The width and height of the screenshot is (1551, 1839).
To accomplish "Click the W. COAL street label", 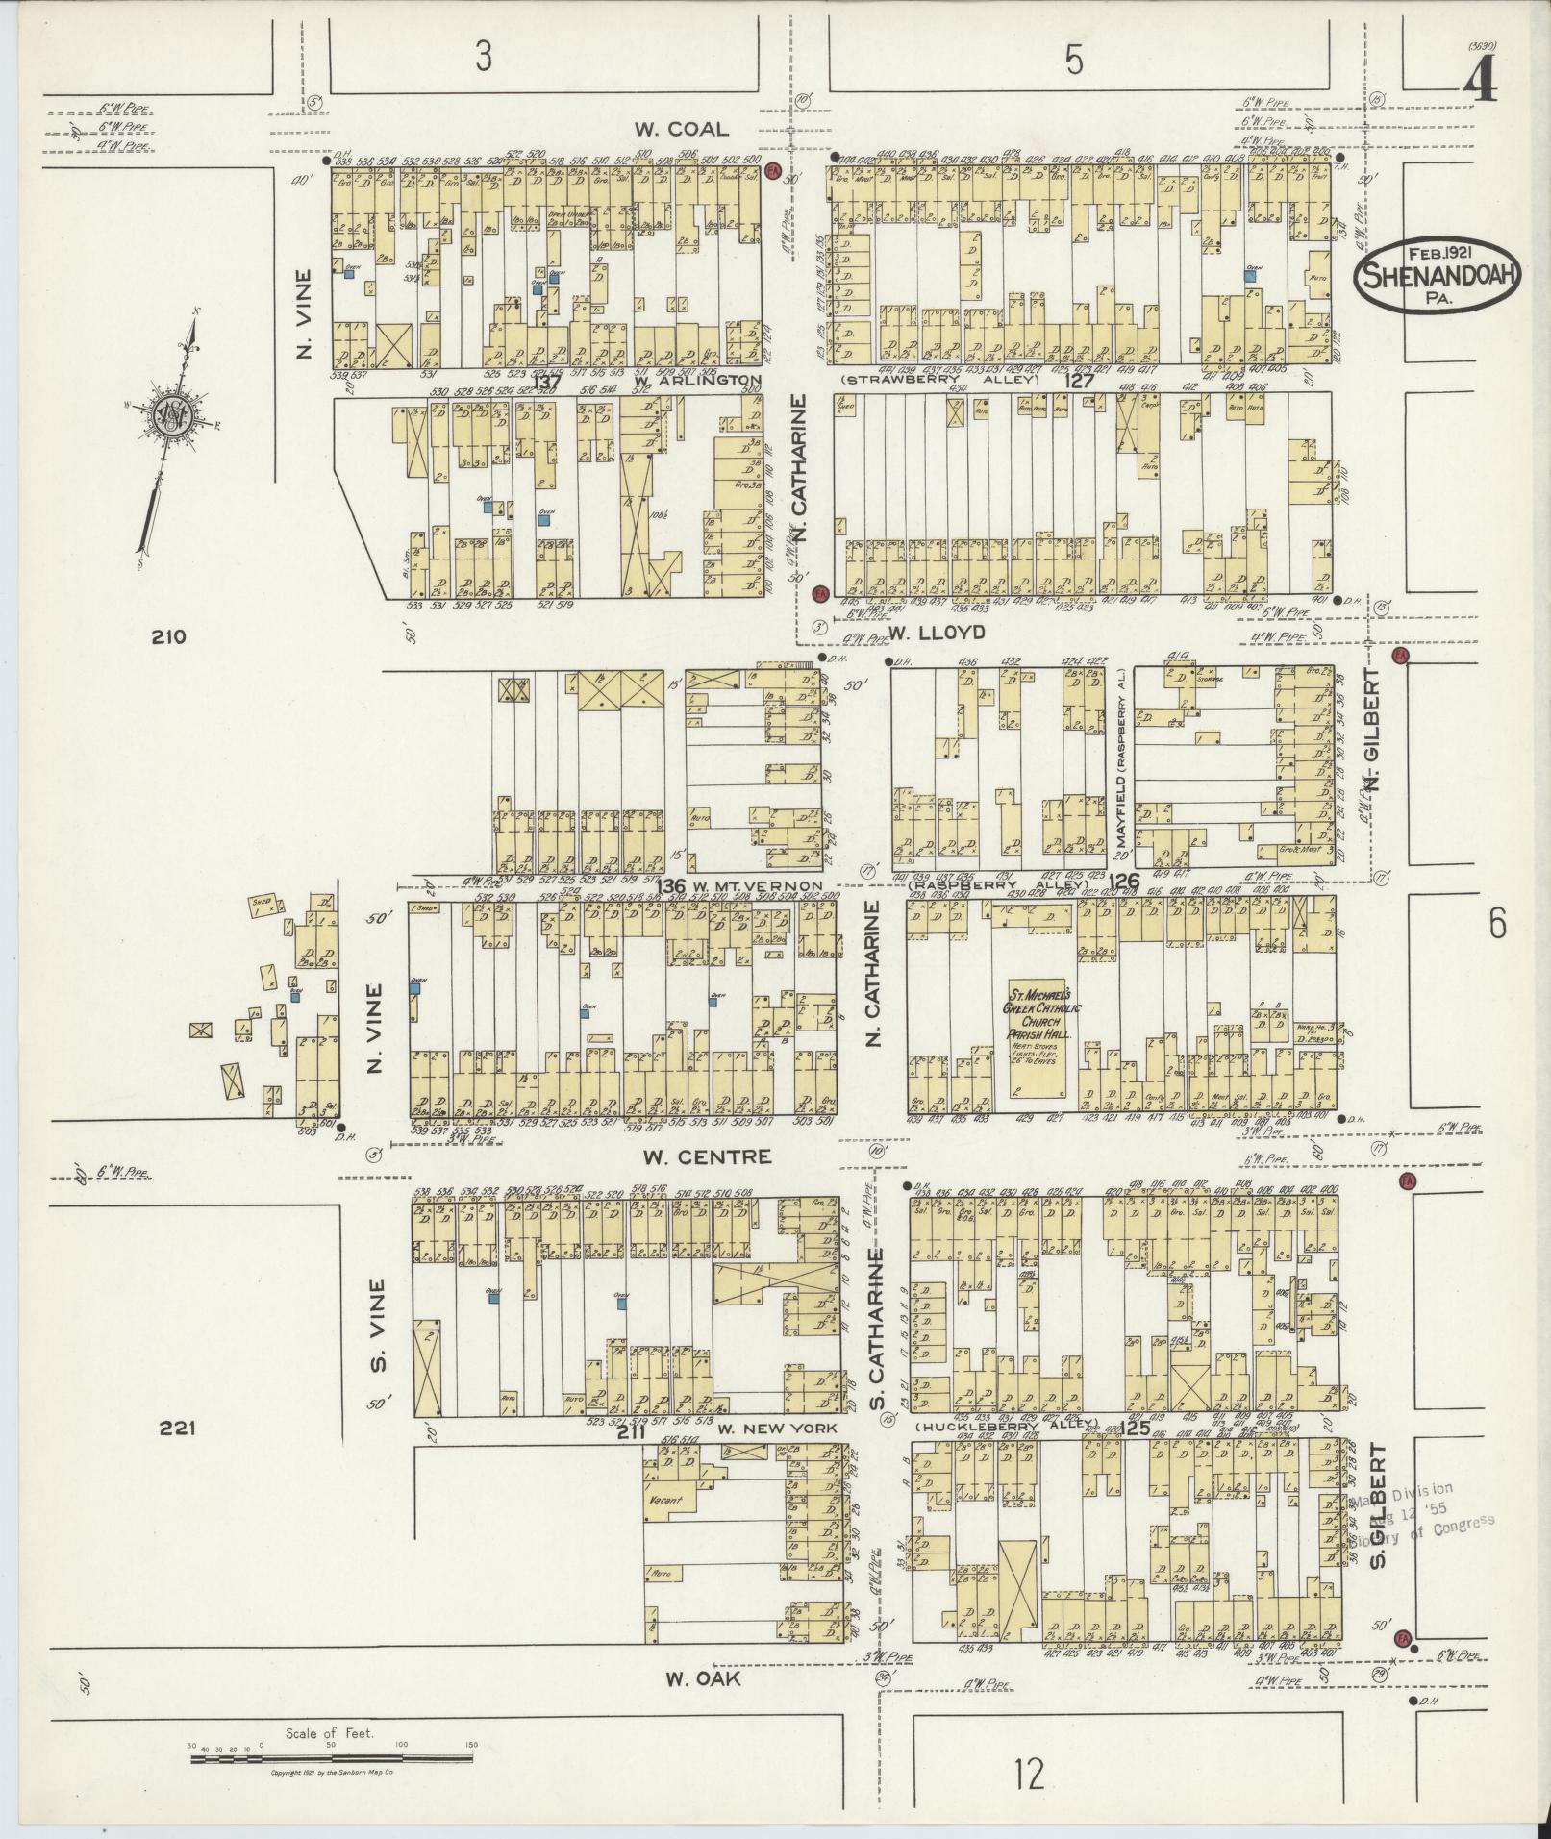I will click(680, 129).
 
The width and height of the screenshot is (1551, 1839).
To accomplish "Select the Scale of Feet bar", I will click(331, 1757).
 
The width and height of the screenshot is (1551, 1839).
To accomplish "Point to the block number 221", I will click(178, 1429).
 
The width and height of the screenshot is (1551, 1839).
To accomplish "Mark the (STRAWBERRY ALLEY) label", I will click(940, 380).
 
